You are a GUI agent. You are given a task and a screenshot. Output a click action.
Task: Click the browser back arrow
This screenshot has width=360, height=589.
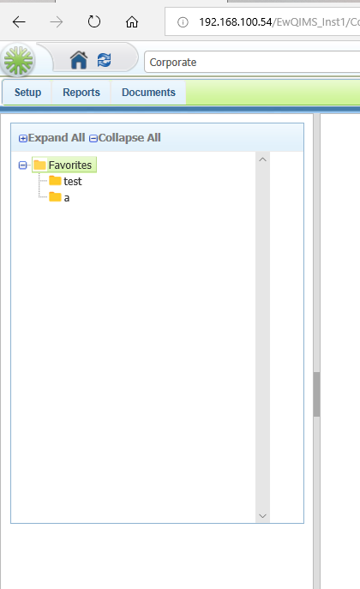19,22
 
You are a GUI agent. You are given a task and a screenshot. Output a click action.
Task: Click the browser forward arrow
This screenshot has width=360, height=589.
57,22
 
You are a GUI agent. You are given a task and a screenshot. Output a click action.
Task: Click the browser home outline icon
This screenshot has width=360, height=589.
132,22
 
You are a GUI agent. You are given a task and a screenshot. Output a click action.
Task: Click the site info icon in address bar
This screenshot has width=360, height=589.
183,22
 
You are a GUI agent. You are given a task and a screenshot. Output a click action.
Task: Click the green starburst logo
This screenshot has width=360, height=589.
18,60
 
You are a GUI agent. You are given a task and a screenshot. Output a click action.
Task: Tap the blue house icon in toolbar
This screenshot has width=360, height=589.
79,60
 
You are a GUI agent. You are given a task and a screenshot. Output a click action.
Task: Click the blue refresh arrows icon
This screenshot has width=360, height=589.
104,60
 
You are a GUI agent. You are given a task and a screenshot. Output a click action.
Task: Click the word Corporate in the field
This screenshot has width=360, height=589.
173,63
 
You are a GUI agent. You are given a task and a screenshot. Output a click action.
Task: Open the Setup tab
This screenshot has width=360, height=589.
27,93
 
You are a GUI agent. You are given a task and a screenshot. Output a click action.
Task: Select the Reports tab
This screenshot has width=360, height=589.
81,93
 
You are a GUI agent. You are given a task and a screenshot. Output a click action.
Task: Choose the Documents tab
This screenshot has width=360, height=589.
148,93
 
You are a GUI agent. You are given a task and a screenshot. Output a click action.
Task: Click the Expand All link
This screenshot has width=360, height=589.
52,138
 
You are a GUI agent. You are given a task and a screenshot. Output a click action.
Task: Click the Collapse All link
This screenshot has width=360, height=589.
125,138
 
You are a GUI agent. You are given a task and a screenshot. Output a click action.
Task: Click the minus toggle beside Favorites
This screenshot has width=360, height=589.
23,165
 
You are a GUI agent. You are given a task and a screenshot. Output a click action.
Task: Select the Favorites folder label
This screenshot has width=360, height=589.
70,165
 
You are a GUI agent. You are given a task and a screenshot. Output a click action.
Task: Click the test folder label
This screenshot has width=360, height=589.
73,182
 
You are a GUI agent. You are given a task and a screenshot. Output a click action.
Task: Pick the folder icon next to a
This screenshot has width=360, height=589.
55,197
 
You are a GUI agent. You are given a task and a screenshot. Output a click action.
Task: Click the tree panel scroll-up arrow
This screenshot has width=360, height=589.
263,159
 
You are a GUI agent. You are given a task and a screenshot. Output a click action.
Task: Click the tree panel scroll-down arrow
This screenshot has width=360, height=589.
263,516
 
